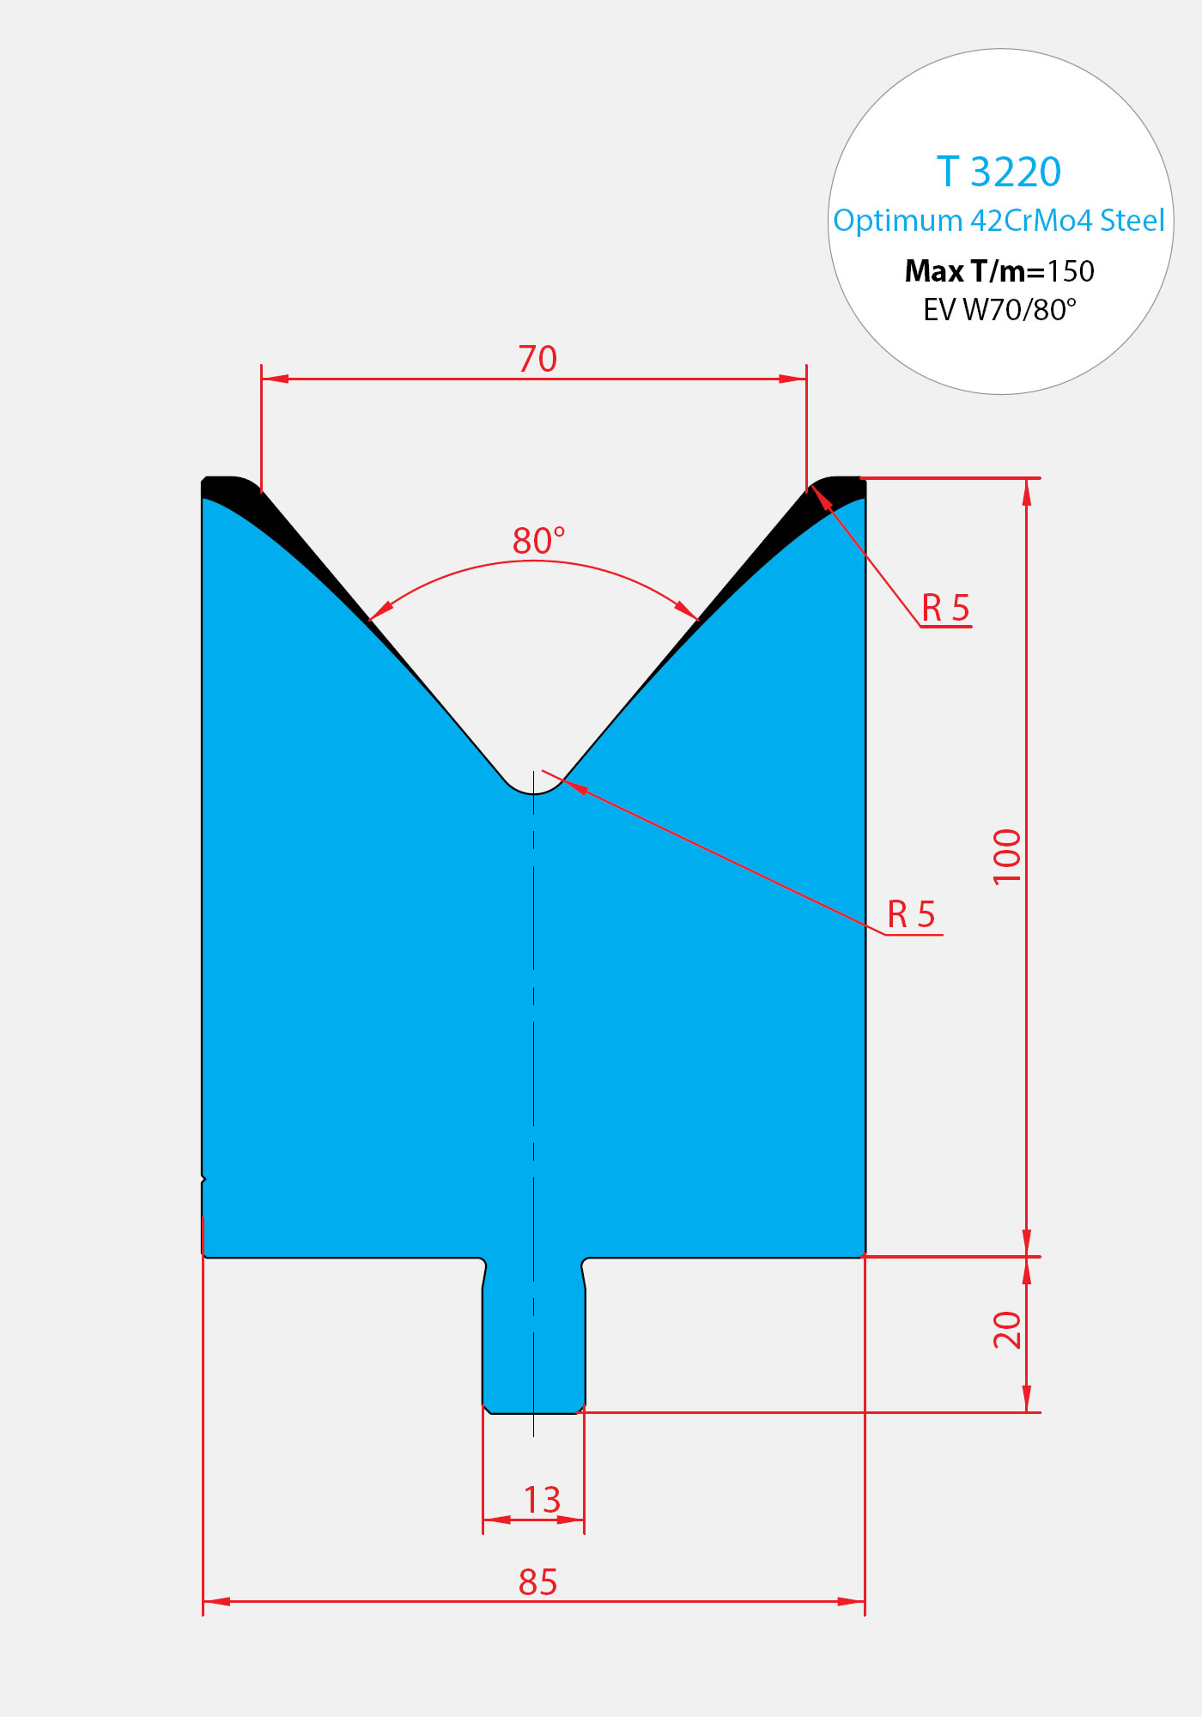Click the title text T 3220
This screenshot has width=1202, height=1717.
click(999, 172)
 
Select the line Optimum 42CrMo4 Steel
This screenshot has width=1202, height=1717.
click(999, 221)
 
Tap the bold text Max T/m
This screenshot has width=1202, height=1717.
click(974, 271)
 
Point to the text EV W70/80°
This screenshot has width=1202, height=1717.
click(1000, 309)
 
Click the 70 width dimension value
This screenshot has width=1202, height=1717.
click(537, 359)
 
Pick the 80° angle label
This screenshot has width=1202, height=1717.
click(539, 541)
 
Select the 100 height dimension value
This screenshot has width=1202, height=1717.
click(1007, 856)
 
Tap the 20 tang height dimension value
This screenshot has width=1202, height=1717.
click(1007, 1330)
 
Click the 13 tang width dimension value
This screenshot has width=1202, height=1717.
click(542, 1500)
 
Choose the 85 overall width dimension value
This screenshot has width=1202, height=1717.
click(538, 1581)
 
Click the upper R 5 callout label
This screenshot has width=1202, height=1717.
click(945, 608)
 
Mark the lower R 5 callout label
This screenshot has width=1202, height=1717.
click(911, 914)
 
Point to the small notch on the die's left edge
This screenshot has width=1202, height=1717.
click(203, 1180)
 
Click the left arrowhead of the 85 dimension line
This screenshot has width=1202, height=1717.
click(216, 1601)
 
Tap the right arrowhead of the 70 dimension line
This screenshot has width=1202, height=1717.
click(792, 378)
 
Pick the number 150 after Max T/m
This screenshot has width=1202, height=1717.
click(1071, 271)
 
